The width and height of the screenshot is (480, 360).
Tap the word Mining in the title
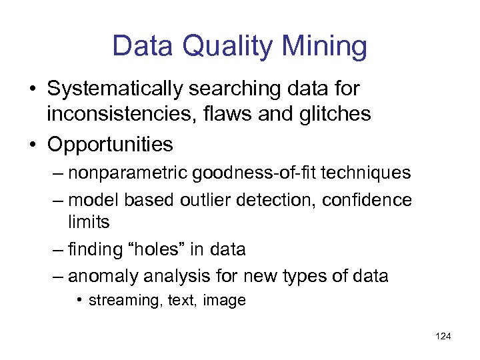click(325, 47)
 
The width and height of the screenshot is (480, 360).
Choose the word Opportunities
click(110, 144)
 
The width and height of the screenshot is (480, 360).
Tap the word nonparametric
click(128, 173)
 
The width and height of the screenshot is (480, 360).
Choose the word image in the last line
click(225, 301)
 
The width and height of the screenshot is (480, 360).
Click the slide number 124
click(443, 336)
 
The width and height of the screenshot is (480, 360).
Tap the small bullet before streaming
click(79, 300)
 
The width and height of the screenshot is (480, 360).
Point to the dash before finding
click(58, 250)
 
